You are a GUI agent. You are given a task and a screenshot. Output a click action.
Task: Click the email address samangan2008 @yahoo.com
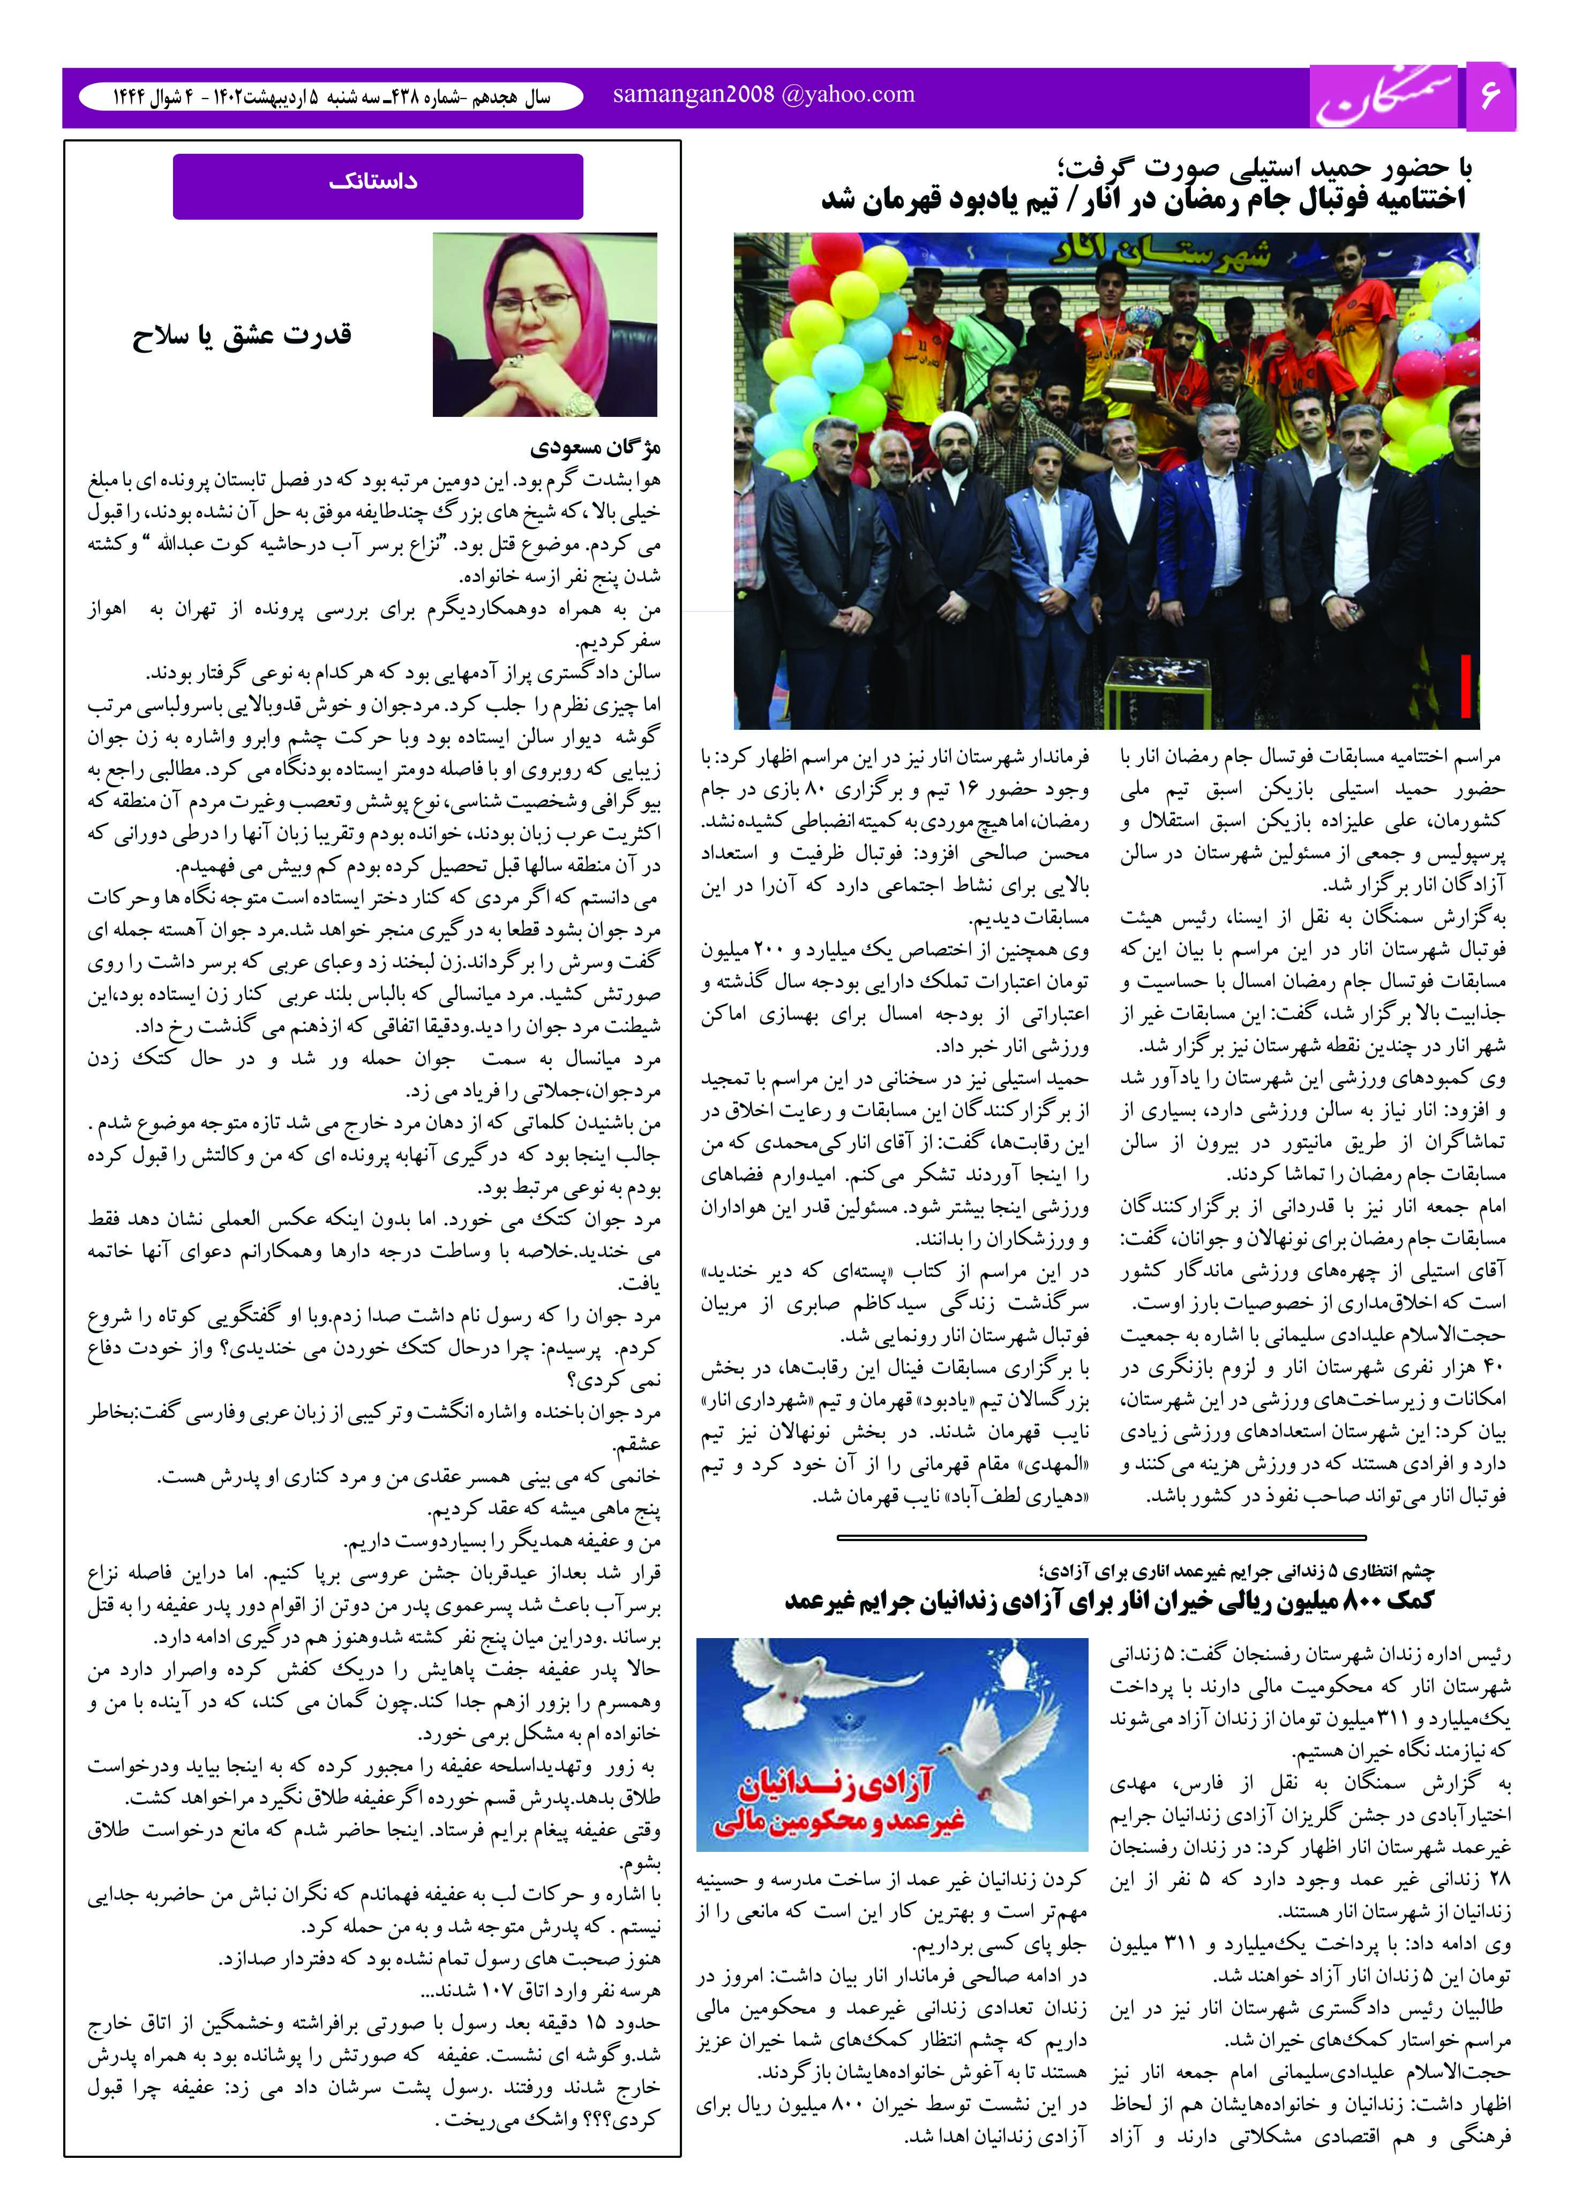(x=764, y=94)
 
